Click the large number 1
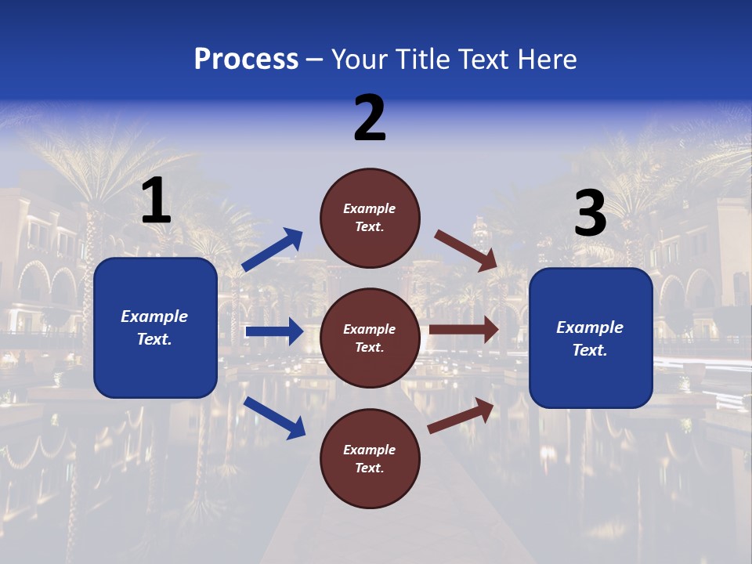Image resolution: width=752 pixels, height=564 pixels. [x=156, y=201]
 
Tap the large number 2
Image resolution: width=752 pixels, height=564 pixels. [x=370, y=118]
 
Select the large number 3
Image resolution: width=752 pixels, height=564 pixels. [x=590, y=214]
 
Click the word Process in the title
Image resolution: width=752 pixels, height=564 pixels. [x=246, y=60]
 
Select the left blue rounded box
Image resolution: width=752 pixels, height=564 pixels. [x=155, y=327]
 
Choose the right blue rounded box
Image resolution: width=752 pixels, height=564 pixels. [x=591, y=338]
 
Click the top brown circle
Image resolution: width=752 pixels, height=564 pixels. [x=370, y=218]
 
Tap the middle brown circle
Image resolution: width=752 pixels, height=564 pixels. [x=370, y=338]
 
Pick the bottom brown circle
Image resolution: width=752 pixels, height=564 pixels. [x=370, y=458]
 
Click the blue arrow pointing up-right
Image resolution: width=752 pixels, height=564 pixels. [x=273, y=250]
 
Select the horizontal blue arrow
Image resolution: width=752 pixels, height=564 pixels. [x=274, y=331]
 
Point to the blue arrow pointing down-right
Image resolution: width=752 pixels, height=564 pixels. [x=274, y=418]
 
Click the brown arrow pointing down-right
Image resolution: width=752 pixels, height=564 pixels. [x=466, y=250]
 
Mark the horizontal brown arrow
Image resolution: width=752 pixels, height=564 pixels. [x=464, y=330]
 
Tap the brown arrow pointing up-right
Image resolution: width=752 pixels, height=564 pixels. [x=461, y=415]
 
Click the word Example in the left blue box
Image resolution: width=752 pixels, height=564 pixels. [x=154, y=316]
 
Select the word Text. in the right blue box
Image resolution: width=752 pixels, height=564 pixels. [x=590, y=350]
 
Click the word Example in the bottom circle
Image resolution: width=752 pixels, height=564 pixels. [x=370, y=450]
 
